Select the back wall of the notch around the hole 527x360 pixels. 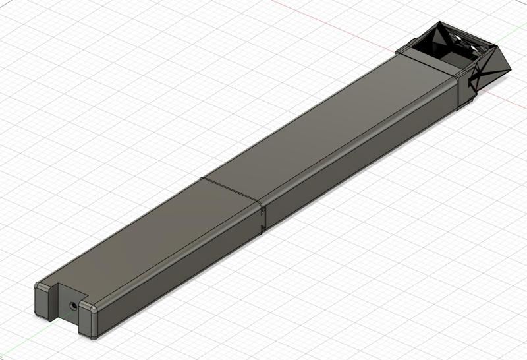click(x=74, y=310)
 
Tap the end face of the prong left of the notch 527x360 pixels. click(x=42, y=300)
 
